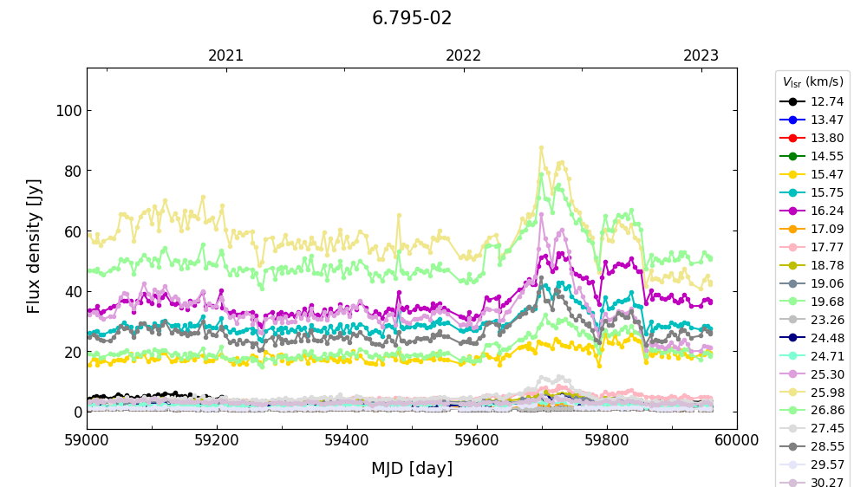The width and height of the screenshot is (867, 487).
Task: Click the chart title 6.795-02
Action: [x=412, y=18]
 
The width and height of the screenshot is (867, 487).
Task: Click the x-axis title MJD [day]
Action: [x=412, y=469]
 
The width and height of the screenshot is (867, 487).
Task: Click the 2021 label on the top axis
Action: [x=226, y=55]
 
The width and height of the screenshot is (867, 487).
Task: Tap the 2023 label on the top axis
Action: [x=701, y=55]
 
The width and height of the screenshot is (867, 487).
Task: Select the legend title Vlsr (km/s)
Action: [x=812, y=82]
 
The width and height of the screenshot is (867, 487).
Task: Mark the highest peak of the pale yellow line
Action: [x=541, y=148]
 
